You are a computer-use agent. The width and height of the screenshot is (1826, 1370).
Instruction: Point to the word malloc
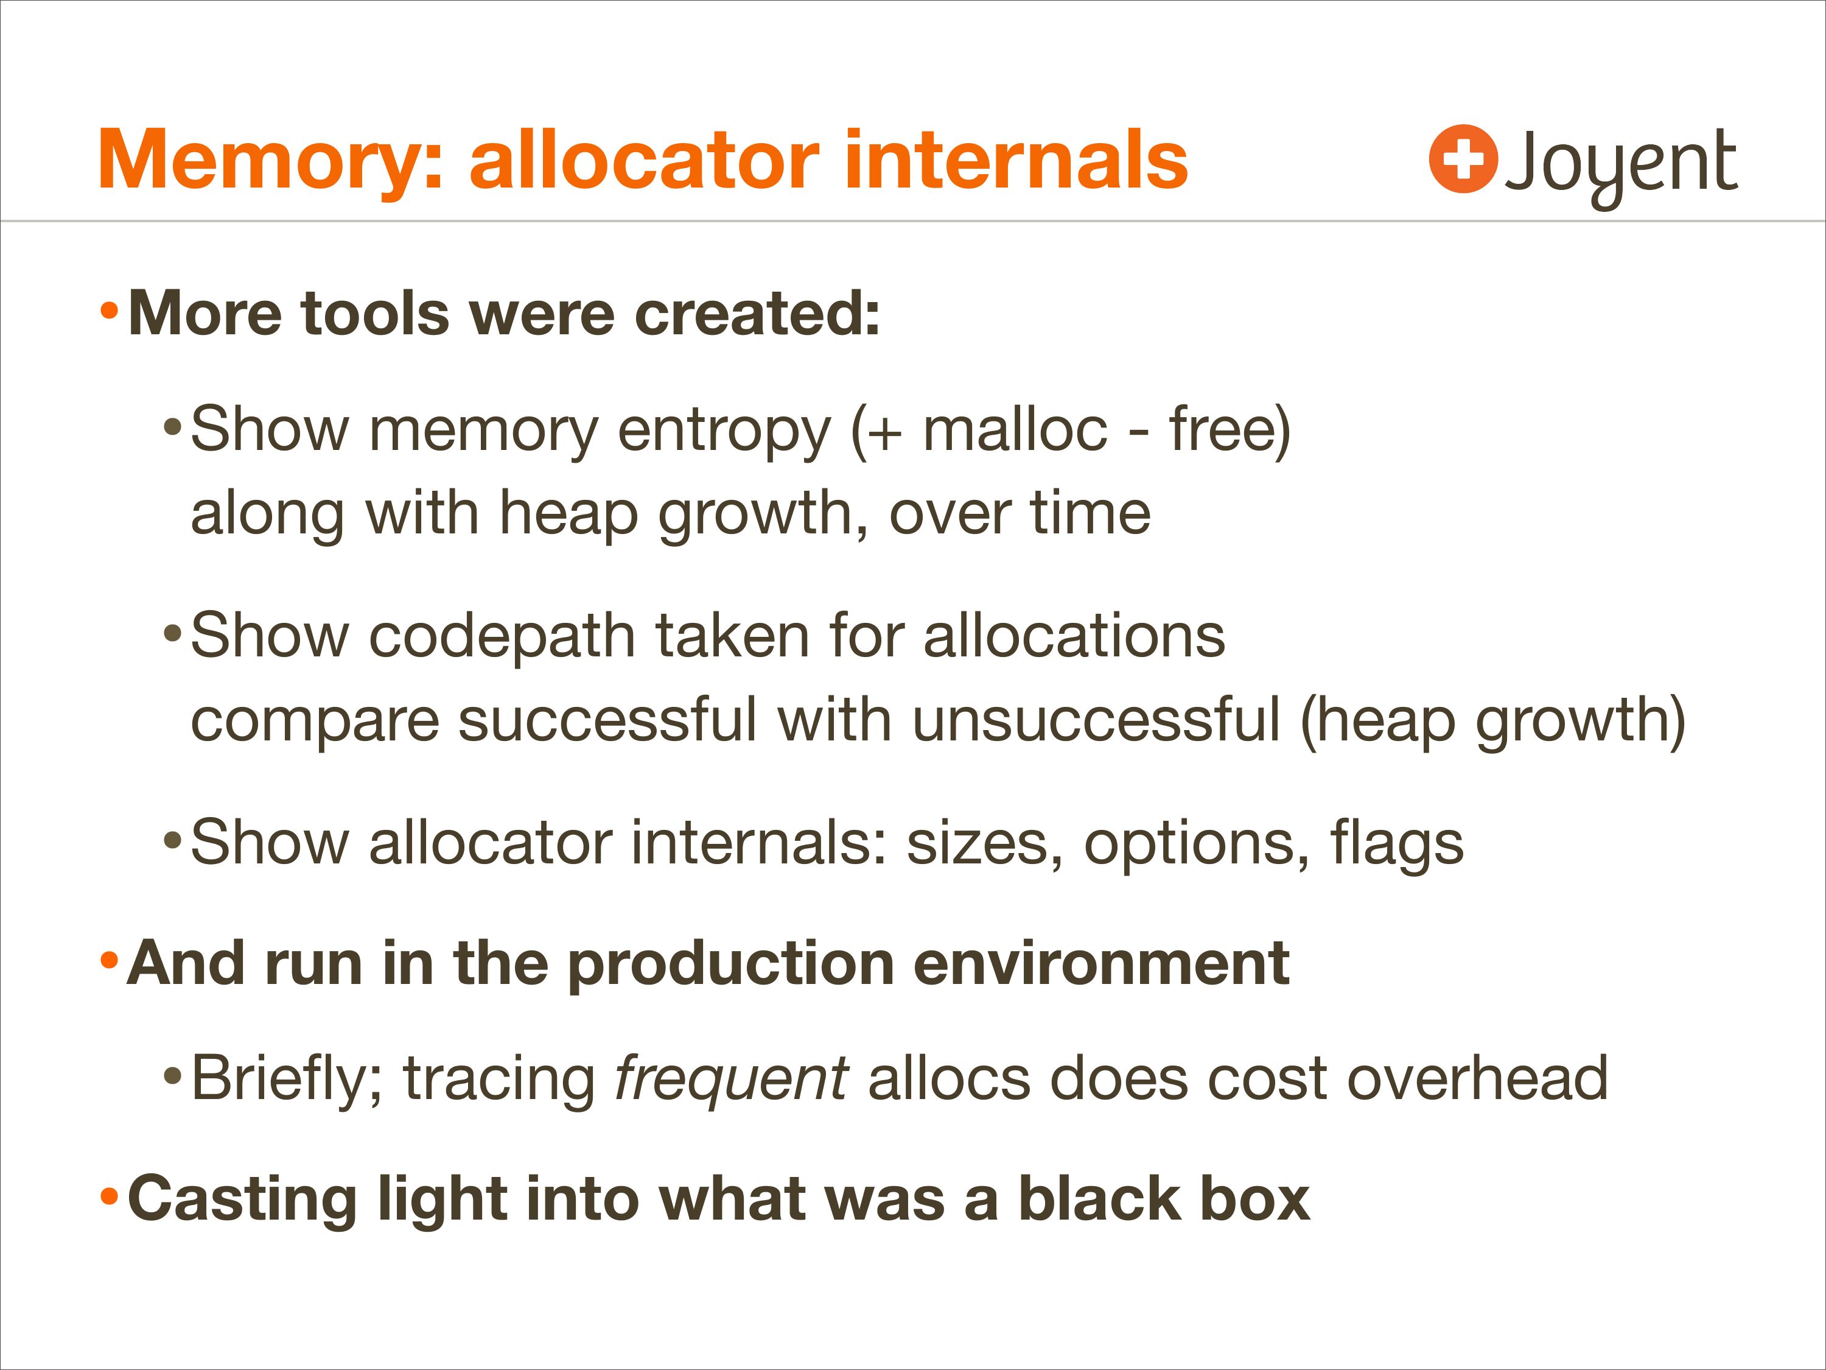(1015, 429)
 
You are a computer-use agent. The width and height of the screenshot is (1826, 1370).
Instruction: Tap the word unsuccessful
(1096, 719)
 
